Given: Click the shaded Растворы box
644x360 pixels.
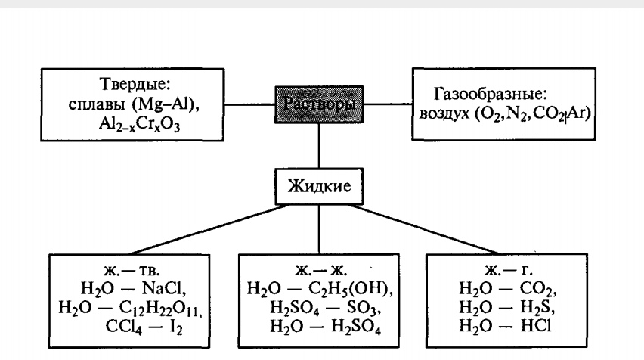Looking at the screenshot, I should [x=317, y=104].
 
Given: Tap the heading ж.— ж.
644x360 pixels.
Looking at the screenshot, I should [x=318, y=268].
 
